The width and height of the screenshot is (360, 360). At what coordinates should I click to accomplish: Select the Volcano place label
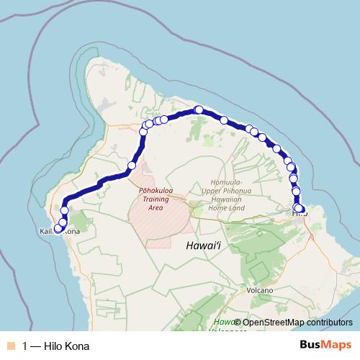click(x=259, y=290)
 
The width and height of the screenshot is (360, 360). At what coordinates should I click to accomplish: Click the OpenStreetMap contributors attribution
click(x=297, y=323)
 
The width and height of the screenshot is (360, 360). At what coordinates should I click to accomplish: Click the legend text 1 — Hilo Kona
click(x=56, y=346)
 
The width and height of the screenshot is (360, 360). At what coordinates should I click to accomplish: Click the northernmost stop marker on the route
click(x=199, y=109)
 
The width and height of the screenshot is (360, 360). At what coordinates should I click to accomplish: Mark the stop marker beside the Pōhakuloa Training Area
click(x=131, y=166)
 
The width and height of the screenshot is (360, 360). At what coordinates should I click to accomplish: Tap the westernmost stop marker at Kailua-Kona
click(x=58, y=229)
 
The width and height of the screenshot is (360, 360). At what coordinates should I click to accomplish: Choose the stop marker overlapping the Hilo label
click(x=299, y=209)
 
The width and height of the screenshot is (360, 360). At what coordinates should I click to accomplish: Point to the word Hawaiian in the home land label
click(x=230, y=199)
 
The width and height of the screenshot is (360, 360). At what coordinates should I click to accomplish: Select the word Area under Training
click(x=155, y=207)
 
